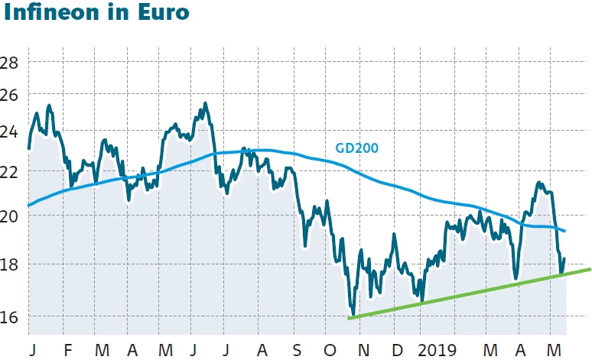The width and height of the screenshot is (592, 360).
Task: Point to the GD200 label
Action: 357,148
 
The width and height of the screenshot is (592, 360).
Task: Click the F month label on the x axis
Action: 68,350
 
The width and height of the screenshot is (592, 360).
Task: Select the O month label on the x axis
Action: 330,350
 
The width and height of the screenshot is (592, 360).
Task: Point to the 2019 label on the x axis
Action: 437,350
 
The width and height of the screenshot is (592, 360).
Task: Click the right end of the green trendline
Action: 590,269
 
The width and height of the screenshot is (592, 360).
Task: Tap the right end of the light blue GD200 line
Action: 564,231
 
